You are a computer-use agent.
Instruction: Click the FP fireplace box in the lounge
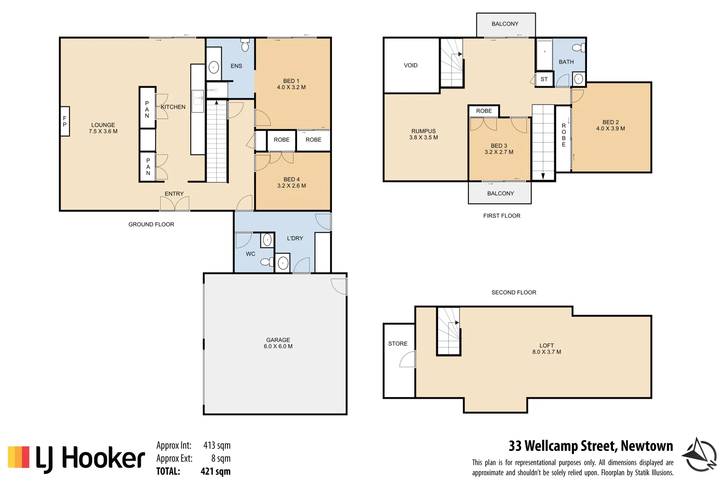(65, 121)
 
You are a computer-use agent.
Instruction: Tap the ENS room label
(236, 66)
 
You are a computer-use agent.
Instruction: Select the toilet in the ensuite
(245, 45)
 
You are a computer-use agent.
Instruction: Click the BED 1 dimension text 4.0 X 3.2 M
(291, 88)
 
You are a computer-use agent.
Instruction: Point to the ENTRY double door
(175, 204)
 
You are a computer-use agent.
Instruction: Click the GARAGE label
(278, 340)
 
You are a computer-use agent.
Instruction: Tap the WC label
(250, 254)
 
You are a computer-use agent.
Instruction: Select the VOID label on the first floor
(411, 66)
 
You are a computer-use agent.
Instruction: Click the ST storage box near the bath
(544, 79)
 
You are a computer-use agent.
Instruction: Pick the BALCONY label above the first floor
(505, 24)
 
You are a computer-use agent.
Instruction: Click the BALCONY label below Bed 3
(500, 194)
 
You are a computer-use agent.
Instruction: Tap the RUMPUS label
(423, 131)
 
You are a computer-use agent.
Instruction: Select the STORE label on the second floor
(398, 344)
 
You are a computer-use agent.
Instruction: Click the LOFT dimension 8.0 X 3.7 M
(547, 352)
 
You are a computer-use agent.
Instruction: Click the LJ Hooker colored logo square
(19, 457)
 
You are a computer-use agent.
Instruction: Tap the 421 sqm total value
(215, 472)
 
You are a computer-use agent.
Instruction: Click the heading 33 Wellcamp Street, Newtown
(591, 446)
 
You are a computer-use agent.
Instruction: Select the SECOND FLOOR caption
(513, 292)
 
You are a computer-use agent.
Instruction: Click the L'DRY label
(295, 238)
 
